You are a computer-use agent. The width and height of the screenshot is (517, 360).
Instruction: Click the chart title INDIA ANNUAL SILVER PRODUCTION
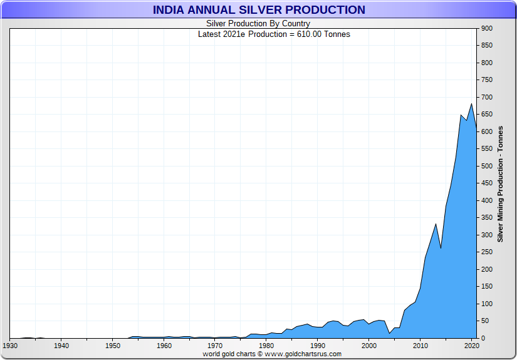point(258,10)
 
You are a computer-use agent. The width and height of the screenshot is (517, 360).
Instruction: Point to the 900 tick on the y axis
point(488,28)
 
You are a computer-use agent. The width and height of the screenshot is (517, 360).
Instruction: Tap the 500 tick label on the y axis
point(488,166)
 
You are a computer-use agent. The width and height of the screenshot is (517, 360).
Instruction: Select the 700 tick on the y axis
point(488,97)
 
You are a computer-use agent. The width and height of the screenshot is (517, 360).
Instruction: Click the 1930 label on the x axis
point(10,346)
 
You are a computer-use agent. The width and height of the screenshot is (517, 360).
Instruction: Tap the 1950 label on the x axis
point(113,346)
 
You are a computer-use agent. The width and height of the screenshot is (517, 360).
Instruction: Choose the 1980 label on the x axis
point(266,346)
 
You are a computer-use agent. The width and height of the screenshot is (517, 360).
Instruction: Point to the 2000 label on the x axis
point(369,346)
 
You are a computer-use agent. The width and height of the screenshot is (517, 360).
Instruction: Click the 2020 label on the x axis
point(471,346)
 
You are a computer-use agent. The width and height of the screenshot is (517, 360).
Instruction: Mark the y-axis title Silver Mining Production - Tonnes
point(500,183)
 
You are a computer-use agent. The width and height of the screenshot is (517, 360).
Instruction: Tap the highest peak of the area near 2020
point(471,104)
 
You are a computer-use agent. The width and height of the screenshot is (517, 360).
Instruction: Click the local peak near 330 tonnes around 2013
point(436,224)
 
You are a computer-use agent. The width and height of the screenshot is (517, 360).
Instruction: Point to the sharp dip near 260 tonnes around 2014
point(441,248)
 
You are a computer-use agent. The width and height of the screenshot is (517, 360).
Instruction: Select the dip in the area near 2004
point(390,333)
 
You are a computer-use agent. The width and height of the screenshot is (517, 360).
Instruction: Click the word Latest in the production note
point(210,34)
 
